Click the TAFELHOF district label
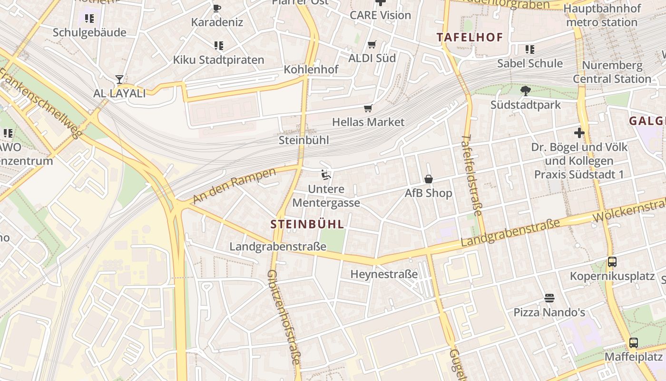tap(470, 37)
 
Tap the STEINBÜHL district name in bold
tap(307, 224)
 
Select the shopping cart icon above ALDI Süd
tap(372, 45)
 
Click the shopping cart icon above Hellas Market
tap(368, 109)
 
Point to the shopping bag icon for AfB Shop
tap(429, 179)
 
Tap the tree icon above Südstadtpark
tap(526, 90)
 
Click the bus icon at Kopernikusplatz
tap(612, 262)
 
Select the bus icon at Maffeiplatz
tap(634, 342)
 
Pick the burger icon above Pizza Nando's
tap(549, 298)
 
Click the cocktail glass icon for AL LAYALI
tap(119, 80)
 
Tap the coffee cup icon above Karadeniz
tap(217, 8)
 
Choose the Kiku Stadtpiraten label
tap(218, 60)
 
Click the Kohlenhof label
tap(311, 70)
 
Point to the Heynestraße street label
tap(384, 274)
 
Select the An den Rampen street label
tap(234, 185)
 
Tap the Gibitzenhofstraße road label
tap(284, 317)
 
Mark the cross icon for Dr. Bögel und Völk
tap(579, 133)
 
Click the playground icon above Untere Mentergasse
tap(326, 175)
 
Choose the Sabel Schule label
tap(530, 63)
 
